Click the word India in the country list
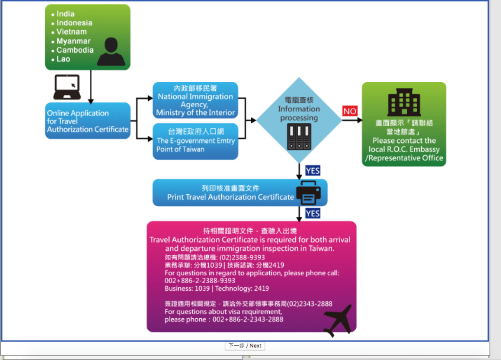tap(66, 14)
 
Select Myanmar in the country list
tap(73, 41)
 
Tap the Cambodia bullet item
tap(75, 50)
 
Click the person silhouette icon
tap(111, 52)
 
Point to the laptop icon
tap(67, 87)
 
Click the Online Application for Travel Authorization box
tap(88, 121)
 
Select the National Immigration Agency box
tap(195, 100)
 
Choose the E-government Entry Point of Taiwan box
tap(195, 141)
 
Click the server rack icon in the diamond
tap(299, 137)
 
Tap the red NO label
tap(350, 111)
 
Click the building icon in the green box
tap(404, 102)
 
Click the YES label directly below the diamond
tap(313, 170)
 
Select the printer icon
tap(309, 193)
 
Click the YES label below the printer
tap(313, 213)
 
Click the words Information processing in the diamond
tap(299, 114)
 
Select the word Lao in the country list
tap(63, 59)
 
